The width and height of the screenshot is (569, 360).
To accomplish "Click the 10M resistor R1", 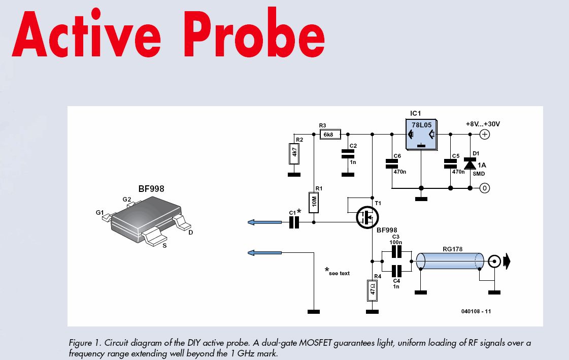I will pyautogui.click(x=314, y=203).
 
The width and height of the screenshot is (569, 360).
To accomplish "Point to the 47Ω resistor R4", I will pyautogui.click(x=373, y=290).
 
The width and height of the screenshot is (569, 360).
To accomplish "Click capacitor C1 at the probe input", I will pyautogui.click(x=294, y=222).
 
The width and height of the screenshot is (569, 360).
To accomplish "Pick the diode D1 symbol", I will pyautogui.click(x=470, y=164).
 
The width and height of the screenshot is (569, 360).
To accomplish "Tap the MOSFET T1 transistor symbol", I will pyautogui.click(x=365, y=217).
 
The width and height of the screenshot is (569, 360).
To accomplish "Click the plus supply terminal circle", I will pyautogui.click(x=484, y=135).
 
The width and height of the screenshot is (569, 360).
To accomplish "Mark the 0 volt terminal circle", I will pyautogui.click(x=484, y=188).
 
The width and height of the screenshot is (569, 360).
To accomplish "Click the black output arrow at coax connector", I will pyautogui.click(x=508, y=262).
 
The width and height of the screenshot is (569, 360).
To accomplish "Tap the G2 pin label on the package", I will pyautogui.click(x=126, y=199).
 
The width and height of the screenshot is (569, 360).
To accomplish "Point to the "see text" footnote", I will pyautogui.click(x=338, y=273).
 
